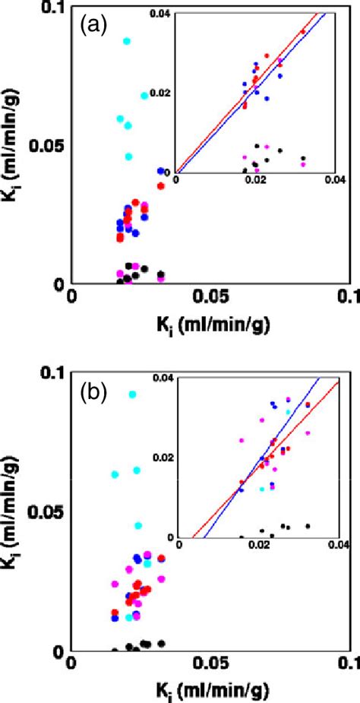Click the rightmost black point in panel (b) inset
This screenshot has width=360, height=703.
pos(308,526)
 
